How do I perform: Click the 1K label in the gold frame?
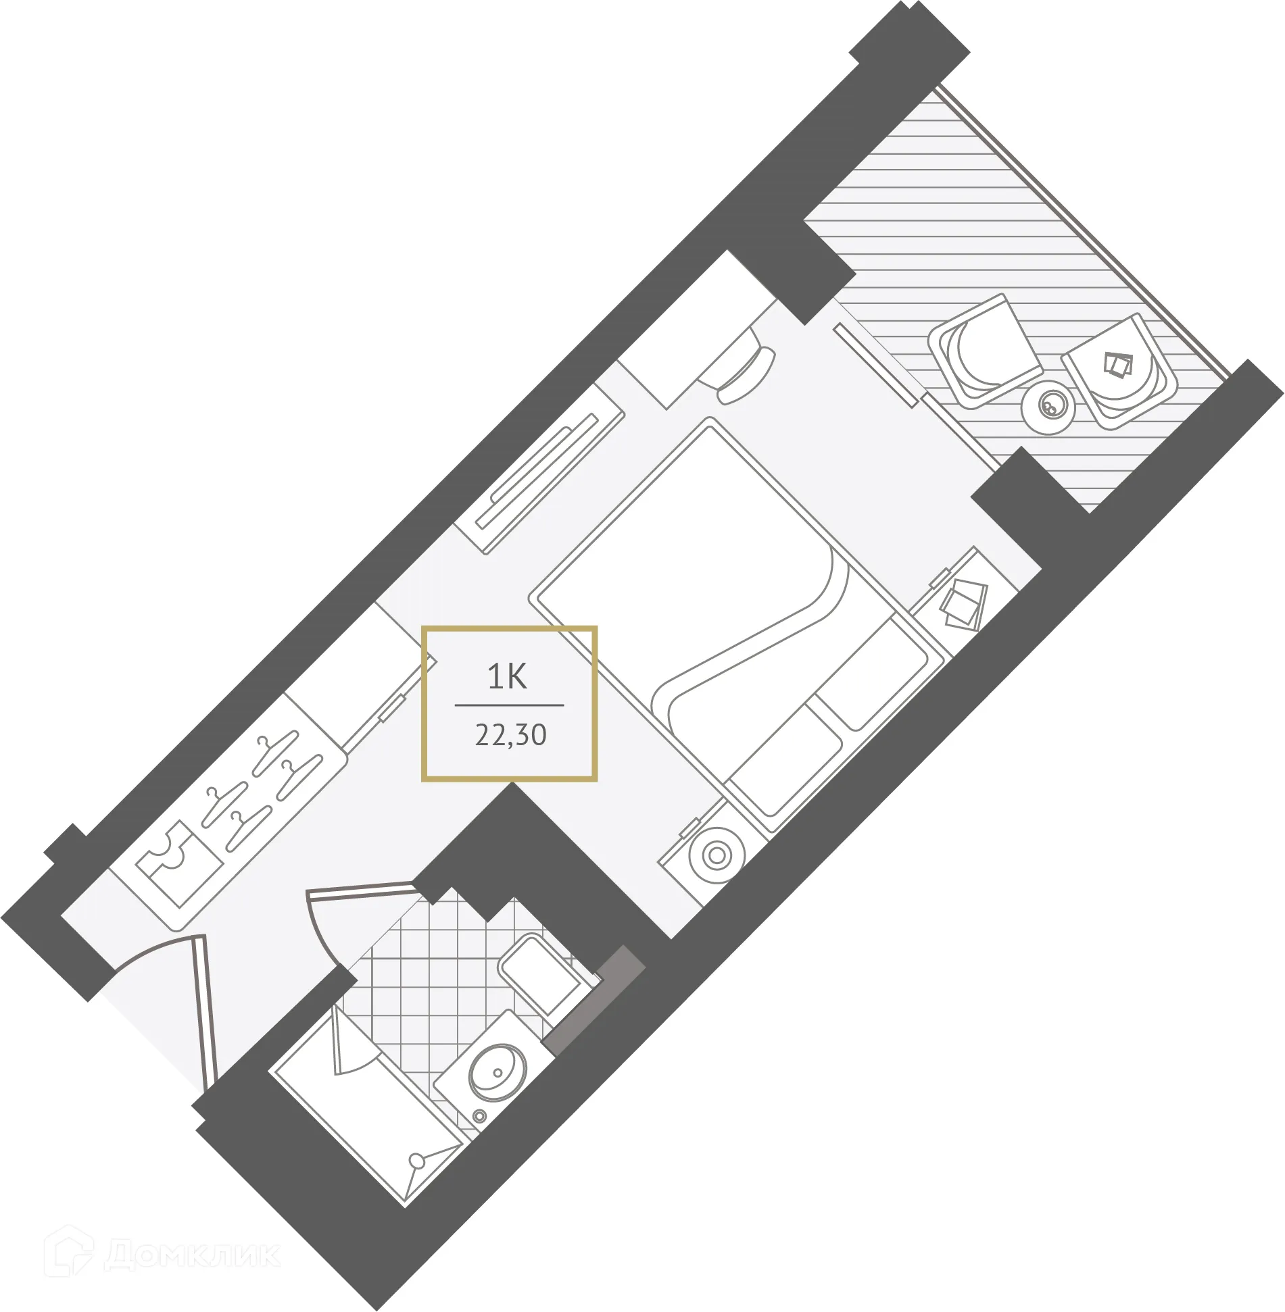[507, 676]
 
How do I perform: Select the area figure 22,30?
[510, 734]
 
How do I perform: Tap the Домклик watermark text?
[193, 1255]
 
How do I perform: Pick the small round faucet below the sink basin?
[480, 1115]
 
